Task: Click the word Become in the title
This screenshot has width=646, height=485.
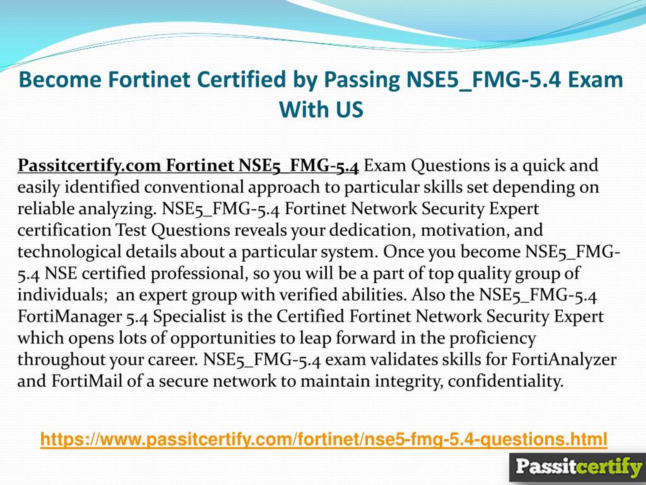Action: (x=60, y=80)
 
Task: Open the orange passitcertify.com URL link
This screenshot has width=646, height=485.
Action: (x=324, y=439)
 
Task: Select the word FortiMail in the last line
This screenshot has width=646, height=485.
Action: (x=87, y=381)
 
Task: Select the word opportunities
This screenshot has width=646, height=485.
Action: (x=223, y=338)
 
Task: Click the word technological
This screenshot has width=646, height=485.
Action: (x=69, y=252)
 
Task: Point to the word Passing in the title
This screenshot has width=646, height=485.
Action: (x=362, y=80)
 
